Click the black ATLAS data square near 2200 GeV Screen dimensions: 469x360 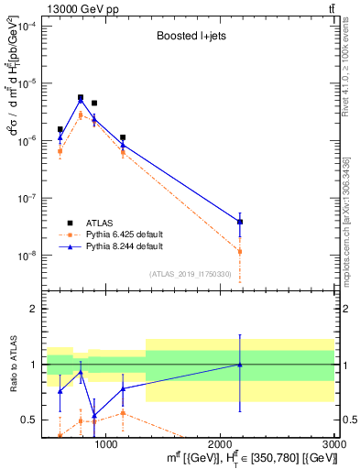click(x=240, y=222)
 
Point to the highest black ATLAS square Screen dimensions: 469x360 click(x=81, y=97)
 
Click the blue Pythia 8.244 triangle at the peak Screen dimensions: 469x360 click(x=81, y=101)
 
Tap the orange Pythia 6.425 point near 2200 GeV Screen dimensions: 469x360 click(x=240, y=251)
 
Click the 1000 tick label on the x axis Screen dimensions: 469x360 click(x=106, y=443)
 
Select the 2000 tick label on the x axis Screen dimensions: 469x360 click(x=221, y=443)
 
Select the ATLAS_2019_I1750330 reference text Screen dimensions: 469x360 click(x=190, y=274)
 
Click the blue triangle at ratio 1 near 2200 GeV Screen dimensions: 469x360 click(x=240, y=364)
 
